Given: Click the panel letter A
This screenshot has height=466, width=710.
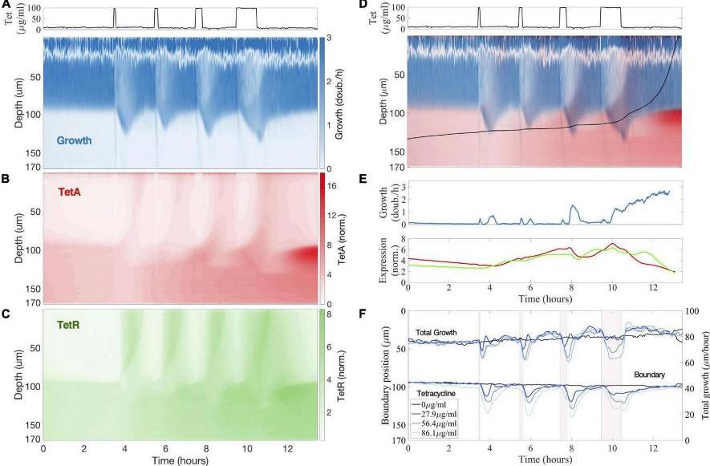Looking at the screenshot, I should [x=5, y=5].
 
